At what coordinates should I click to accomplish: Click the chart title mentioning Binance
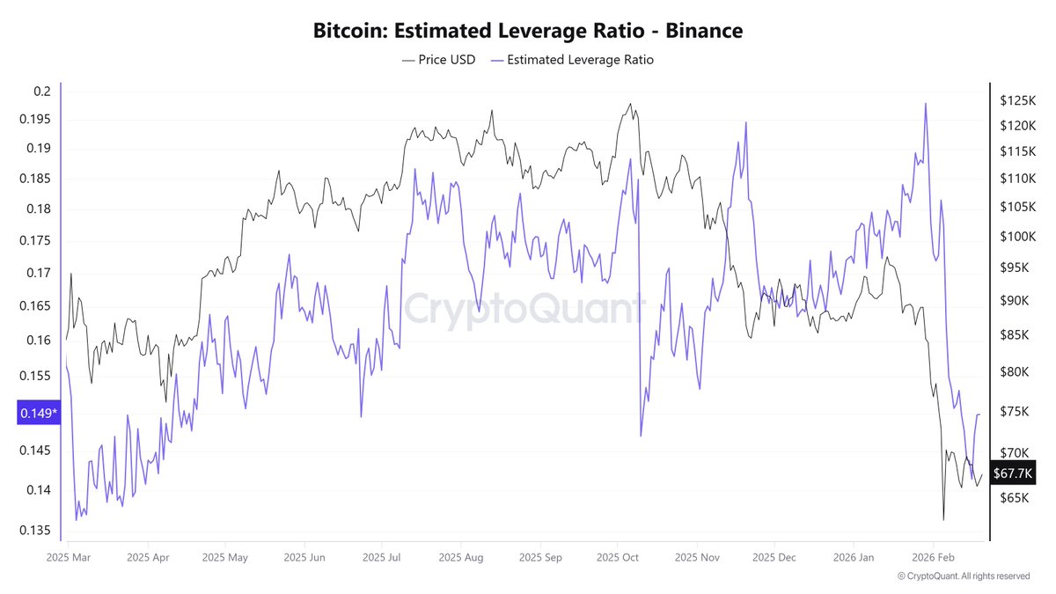528,31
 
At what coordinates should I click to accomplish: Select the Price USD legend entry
437,60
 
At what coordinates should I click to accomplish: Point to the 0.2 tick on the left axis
42,92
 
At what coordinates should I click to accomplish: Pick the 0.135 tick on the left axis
36,531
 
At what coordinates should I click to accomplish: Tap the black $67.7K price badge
1013,473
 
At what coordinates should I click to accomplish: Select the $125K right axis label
1015,100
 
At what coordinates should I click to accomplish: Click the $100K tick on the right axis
1015,237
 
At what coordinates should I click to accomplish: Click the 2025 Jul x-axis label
382,557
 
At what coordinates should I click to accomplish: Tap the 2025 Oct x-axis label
618,557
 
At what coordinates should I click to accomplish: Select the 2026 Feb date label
933,557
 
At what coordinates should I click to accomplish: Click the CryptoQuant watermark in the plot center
524,310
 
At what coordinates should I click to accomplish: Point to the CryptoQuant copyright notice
963,576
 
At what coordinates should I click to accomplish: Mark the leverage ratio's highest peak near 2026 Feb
926,104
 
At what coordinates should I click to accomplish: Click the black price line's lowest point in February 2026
943,519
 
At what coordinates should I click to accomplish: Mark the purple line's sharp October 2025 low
641,436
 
